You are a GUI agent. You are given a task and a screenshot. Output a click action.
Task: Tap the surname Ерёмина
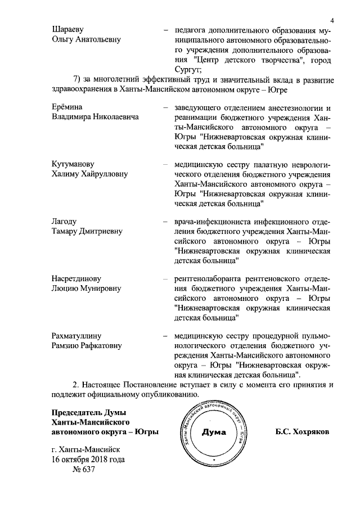tap(67, 107)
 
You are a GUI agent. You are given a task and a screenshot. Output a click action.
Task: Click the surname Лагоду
tap(64, 221)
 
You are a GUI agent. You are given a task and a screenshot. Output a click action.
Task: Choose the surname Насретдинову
tap(76, 278)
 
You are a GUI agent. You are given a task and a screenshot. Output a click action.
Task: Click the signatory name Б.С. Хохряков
tap(302, 433)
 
